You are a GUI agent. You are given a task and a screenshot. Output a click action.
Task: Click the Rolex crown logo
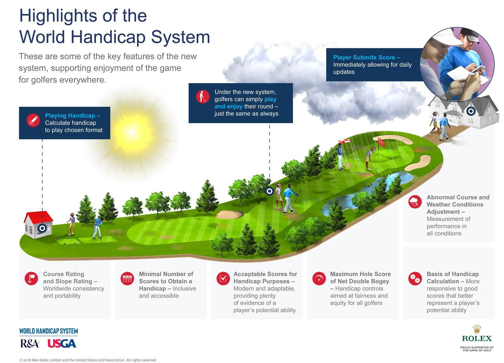click(x=477, y=329)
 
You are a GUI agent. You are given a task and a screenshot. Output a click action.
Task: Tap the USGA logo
click(x=62, y=343)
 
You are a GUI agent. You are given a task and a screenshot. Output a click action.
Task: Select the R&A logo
click(x=30, y=343)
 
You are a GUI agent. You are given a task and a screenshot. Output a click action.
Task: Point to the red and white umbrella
click(x=344, y=142)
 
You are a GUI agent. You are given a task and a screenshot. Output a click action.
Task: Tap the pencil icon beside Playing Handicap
click(x=33, y=120)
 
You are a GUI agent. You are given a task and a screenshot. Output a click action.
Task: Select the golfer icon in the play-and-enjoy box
click(x=203, y=97)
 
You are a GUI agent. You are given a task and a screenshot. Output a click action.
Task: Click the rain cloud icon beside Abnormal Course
click(x=415, y=202)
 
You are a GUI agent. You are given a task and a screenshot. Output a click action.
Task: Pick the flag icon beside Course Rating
click(x=31, y=278)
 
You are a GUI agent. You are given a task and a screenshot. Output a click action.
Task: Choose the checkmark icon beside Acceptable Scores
click(x=223, y=278)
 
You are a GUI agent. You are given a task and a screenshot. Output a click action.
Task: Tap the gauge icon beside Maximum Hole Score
click(x=319, y=278)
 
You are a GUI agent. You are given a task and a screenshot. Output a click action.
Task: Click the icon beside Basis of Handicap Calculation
click(x=415, y=278)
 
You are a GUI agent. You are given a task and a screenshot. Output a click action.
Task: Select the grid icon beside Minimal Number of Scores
click(x=127, y=278)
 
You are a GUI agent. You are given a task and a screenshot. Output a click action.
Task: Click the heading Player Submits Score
click(x=366, y=57)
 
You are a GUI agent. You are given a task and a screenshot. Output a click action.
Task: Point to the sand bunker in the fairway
click(x=229, y=215)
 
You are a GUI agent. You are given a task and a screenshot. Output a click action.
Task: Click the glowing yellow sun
click(x=131, y=132)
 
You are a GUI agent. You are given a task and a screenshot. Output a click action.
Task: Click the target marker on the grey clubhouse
click(x=471, y=111)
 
